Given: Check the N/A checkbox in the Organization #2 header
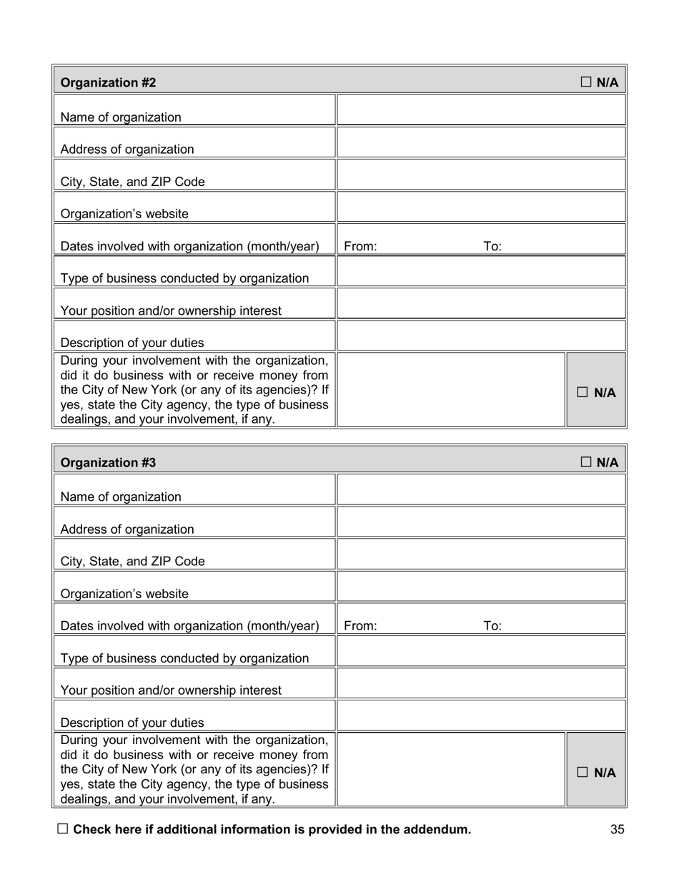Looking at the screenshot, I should click(585, 82).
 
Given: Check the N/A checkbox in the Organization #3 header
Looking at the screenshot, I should click(585, 462).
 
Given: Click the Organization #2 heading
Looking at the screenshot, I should click(108, 83).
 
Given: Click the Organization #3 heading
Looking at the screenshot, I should click(108, 463).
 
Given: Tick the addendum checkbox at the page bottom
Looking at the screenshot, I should click(63, 828).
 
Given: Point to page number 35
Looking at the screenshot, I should click(618, 829).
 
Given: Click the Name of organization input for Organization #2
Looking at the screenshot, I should click(481, 110).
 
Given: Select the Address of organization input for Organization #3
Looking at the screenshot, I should click(481, 522).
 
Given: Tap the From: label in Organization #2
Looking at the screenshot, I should click(360, 247).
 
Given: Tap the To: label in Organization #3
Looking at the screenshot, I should click(492, 626).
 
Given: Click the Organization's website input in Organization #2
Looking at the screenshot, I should click(481, 207).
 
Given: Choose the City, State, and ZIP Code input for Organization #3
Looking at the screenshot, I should click(481, 554).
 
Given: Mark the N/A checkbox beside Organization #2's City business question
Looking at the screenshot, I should click(583, 392).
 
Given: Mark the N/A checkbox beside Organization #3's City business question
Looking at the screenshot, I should click(583, 772).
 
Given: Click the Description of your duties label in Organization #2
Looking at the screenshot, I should click(132, 343).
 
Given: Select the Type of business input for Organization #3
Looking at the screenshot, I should click(481, 651).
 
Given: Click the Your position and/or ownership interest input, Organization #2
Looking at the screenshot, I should click(481, 303).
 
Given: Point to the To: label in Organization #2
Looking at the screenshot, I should click(492, 247).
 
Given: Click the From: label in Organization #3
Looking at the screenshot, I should click(360, 626).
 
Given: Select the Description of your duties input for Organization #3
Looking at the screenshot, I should click(481, 715).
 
